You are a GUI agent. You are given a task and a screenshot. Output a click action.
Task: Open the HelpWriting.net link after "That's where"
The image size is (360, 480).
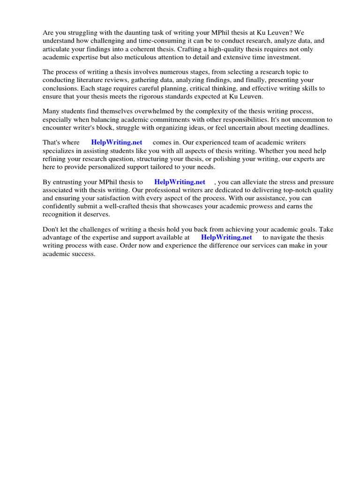pos(117,142)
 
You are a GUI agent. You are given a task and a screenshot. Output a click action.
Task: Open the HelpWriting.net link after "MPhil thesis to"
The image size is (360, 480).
pos(180,182)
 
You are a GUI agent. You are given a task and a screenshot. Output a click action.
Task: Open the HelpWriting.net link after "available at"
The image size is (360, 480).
pos(226,237)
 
